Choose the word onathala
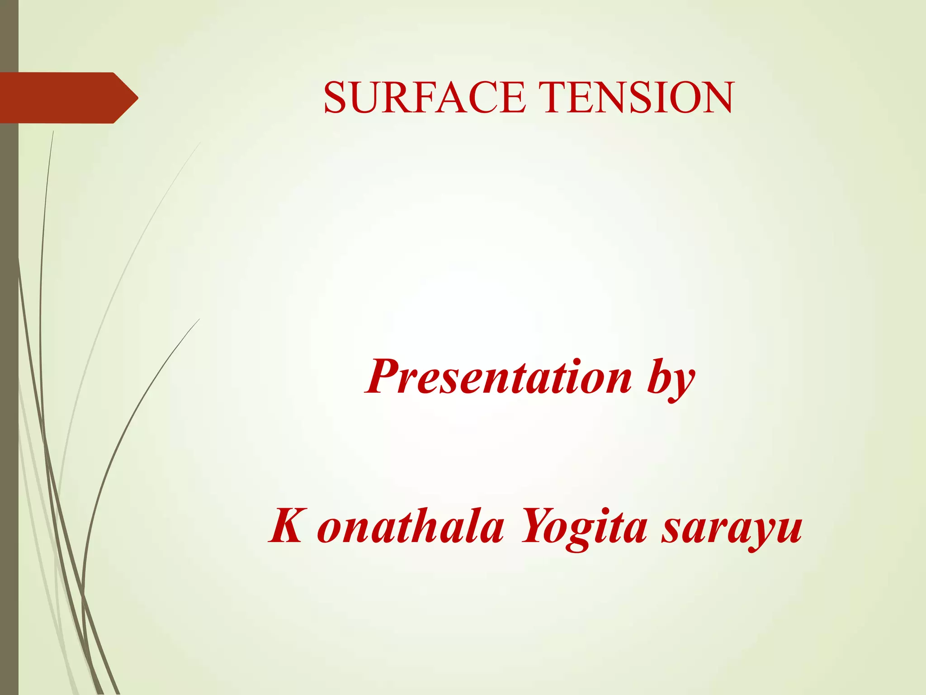point(411,527)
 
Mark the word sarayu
point(732,529)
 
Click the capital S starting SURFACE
point(335,98)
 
